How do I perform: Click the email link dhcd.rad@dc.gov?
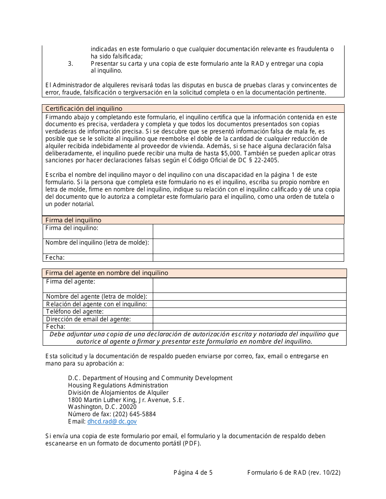(112, 422)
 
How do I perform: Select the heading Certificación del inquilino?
(84, 108)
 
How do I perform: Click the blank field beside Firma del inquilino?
(248, 231)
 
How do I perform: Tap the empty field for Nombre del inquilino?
(248, 246)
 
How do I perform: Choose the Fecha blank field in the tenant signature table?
(248, 258)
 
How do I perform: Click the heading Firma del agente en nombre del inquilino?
(106, 273)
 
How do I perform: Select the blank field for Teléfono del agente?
(249, 312)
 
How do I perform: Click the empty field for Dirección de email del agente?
(249, 319)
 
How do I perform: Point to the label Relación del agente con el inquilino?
(96, 304)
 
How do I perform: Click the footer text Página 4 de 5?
(193, 472)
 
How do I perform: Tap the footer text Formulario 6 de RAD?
(276, 472)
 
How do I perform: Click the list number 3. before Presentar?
(70, 64)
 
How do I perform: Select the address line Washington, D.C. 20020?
(102, 407)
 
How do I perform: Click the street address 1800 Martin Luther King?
(126, 400)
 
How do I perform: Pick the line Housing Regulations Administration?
(118, 385)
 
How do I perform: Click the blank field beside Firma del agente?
(249, 285)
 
